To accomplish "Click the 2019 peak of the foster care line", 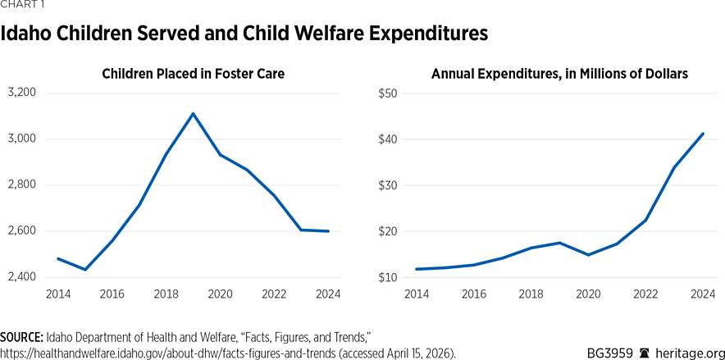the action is [193, 113].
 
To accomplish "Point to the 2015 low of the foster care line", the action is [84, 270].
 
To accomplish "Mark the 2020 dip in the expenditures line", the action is [587, 255].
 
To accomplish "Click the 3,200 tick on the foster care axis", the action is [22, 93].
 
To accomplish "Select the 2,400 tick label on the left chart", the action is [22, 277].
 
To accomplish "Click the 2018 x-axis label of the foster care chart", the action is [166, 294].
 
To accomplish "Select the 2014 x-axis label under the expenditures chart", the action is [416, 294].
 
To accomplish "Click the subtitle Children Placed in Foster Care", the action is [193, 74].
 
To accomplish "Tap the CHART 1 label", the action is [21, 5].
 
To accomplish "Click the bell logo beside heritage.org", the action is [643, 353].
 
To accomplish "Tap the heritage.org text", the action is [687, 353].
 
